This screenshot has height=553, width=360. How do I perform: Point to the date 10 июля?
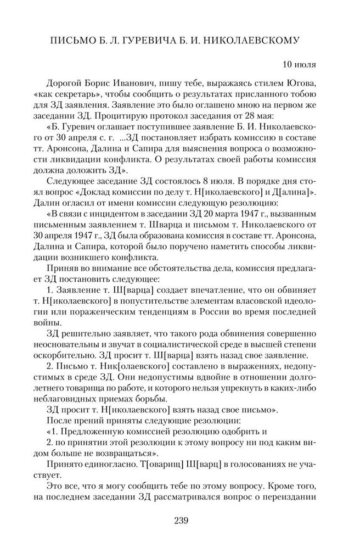click(299, 65)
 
